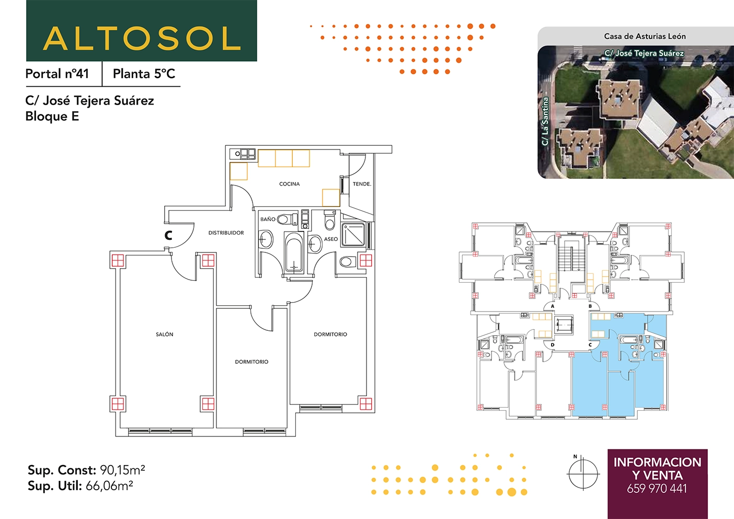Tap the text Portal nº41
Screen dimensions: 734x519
(57, 74)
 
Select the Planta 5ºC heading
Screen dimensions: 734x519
(144, 74)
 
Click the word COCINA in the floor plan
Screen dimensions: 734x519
(289, 184)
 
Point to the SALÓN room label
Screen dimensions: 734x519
(165, 334)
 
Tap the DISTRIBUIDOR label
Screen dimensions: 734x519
(226, 233)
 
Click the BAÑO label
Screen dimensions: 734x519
(268, 219)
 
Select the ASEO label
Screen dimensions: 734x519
(330, 239)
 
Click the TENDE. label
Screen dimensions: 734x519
(362, 184)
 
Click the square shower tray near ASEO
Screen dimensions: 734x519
(353, 234)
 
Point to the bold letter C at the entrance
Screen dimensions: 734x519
(168, 235)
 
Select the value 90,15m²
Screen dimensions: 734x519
(122, 470)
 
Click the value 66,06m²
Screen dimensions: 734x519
(109, 486)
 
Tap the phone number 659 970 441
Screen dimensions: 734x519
(657, 489)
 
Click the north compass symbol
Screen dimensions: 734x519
(583, 473)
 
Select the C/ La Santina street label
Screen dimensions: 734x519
(545, 121)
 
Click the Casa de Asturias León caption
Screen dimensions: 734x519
(645, 37)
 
